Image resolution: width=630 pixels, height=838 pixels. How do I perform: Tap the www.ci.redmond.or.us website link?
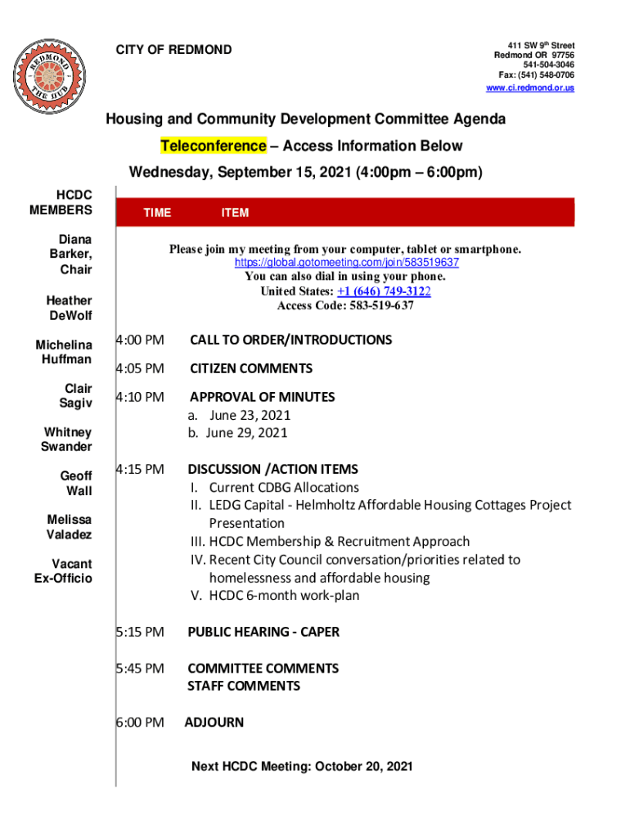530,88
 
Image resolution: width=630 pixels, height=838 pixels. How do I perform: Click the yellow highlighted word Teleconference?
213,146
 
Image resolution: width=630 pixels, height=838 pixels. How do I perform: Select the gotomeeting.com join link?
346,263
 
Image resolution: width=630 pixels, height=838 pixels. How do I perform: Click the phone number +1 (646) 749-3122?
384,291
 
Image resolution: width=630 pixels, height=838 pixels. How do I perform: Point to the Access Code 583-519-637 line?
345,305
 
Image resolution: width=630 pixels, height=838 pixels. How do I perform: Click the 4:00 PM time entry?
140,340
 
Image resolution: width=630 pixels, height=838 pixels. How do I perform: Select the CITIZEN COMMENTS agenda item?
251,368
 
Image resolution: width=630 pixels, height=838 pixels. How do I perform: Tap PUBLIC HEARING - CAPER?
263,632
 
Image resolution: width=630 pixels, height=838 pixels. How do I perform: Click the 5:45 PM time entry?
140,669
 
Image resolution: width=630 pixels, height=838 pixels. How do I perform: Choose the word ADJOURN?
214,723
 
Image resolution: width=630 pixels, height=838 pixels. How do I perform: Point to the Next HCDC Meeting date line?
302,767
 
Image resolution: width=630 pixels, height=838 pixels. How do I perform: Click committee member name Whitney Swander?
67,439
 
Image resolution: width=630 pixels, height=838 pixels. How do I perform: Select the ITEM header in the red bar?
235,213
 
